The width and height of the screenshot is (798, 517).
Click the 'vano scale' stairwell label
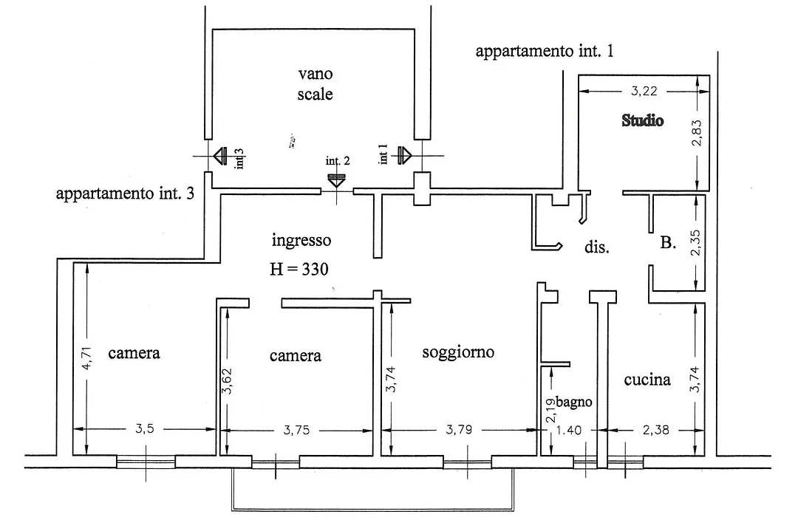coord(315,84)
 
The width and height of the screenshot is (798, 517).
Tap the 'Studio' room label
coord(643,120)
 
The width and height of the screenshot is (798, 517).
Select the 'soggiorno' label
coord(458,352)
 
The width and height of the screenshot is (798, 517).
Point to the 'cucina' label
coord(647,380)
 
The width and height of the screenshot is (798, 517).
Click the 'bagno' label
coord(573,402)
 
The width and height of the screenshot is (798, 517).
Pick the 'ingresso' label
coord(301,240)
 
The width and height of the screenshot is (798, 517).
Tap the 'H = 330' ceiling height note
coord(299,269)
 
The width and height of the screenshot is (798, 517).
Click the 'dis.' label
coord(596,247)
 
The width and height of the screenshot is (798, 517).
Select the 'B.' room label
coord(668,243)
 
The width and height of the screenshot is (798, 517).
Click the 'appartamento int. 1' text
coord(545,52)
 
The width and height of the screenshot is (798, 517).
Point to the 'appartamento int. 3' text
coord(125,194)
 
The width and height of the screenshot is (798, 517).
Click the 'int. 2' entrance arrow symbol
coord(336,181)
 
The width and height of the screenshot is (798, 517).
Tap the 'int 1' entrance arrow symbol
coord(404,155)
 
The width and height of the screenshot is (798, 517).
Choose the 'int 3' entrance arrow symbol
coord(220,156)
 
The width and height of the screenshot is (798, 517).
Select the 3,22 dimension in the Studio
coord(644,91)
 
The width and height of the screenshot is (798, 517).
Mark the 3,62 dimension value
coord(228,381)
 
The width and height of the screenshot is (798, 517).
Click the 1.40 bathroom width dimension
coord(568,431)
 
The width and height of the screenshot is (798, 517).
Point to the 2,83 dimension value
coord(698,133)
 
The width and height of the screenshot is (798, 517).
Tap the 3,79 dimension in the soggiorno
coord(459,430)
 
